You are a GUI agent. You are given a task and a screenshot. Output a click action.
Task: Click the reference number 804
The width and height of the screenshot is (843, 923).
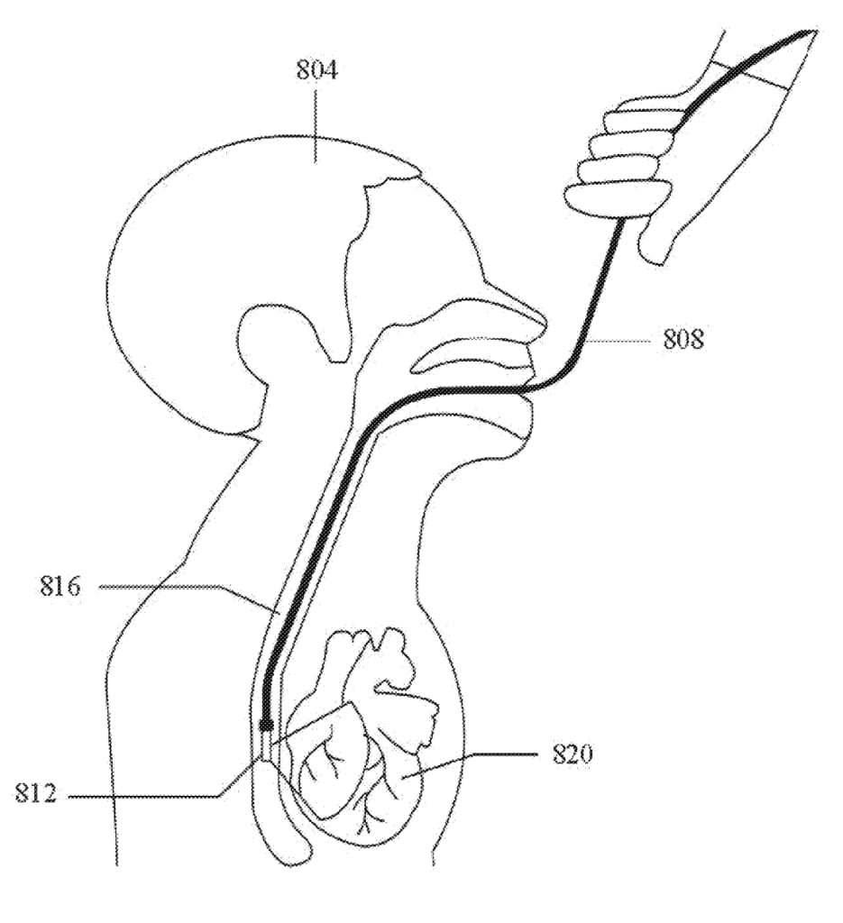pos(316,70)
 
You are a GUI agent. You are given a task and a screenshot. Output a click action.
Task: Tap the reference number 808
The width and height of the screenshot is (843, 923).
pos(683,340)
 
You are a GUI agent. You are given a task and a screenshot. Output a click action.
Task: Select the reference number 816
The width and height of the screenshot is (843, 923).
pos(60,586)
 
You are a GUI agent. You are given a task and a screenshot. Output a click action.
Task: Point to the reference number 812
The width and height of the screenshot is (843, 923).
pos(36,793)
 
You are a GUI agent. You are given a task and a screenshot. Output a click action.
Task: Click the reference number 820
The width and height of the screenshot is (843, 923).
pos(573,754)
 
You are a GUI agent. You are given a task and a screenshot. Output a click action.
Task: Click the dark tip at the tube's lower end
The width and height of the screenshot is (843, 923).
pos(266,723)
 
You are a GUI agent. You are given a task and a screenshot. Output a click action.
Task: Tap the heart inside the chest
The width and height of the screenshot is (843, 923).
pos(364,736)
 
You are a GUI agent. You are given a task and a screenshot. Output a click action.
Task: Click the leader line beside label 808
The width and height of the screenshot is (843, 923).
pos(616,340)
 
